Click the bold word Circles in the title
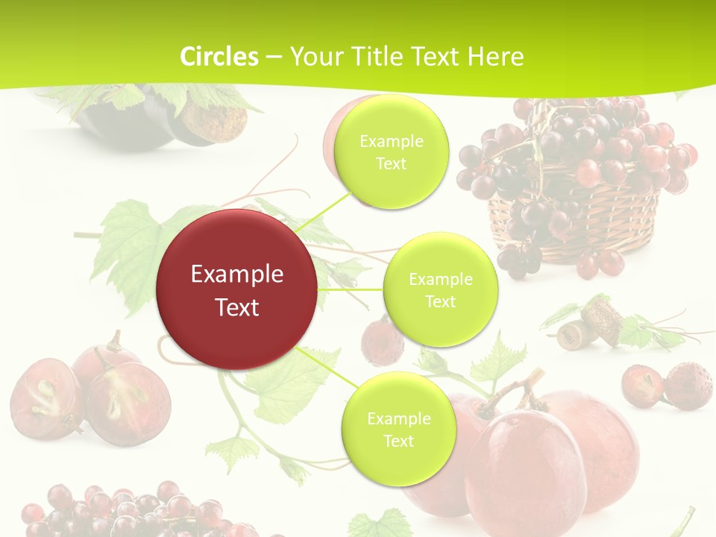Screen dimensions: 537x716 [219, 57]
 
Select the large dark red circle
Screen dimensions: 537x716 [237, 289]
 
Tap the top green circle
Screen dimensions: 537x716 [391, 151]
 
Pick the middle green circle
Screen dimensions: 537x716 [440, 289]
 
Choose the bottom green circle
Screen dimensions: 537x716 [398, 429]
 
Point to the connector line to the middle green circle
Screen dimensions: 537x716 [351, 289]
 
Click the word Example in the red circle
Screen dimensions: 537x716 [237, 274]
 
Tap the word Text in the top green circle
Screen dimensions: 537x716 [391, 163]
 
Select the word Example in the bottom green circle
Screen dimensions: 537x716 [398, 418]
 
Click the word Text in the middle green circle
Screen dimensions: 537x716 [440, 301]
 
